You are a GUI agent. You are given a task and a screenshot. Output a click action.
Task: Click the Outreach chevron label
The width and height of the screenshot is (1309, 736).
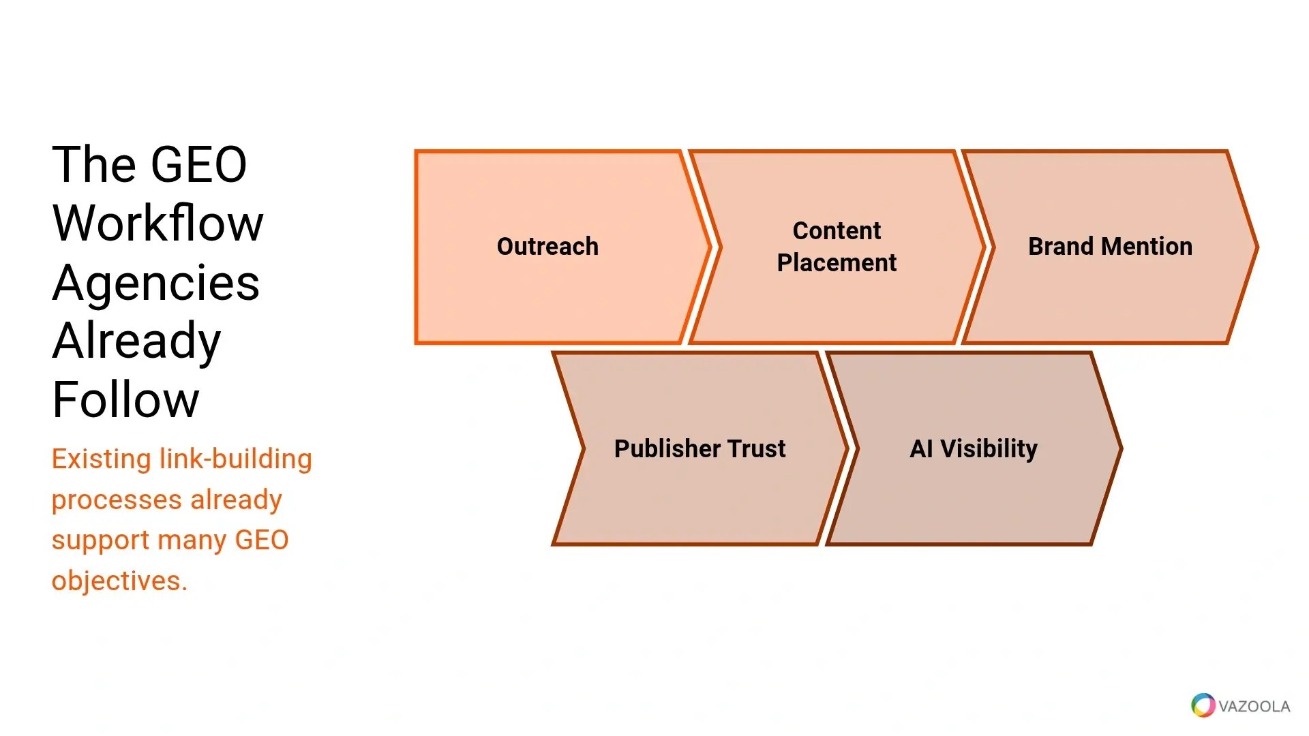[x=547, y=246]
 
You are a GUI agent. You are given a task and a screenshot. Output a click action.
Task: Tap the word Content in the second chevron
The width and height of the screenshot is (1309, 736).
[x=837, y=230]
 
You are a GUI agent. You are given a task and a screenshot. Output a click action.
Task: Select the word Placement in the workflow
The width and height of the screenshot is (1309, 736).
[x=837, y=262]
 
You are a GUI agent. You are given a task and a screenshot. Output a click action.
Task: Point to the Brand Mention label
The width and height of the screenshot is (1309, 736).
[x=1110, y=246]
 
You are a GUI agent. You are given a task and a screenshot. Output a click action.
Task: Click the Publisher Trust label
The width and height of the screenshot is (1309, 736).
[x=699, y=448]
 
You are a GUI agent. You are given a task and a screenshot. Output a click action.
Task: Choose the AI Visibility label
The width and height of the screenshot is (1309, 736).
[x=974, y=448]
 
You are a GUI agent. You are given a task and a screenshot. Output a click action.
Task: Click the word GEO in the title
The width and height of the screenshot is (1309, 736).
[x=198, y=165]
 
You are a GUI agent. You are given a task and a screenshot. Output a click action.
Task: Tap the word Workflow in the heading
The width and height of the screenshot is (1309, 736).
[x=157, y=223]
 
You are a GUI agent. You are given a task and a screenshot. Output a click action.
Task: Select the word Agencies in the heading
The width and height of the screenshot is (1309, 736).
[x=156, y=283]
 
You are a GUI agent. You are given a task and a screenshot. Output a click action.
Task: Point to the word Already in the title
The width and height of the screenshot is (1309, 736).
[x=137, y=341]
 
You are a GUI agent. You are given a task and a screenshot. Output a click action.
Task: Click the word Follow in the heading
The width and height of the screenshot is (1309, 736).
[x=126, y=400]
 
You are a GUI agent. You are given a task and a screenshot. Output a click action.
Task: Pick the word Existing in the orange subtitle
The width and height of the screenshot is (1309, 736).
[x=102, y=459]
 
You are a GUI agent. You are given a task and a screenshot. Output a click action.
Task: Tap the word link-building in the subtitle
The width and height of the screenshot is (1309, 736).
[x=235, y=459]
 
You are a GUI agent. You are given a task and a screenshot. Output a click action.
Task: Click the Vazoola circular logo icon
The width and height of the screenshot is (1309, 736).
[x=1203, y=705]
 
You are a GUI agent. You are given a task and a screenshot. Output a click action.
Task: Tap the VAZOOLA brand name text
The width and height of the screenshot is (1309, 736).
[x=1254, y=706]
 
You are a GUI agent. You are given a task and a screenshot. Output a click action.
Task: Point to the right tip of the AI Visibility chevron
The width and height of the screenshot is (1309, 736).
[x=1122, y=448]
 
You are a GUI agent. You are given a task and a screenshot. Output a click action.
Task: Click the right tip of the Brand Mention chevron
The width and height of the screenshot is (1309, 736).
[x=1258, y=247]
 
